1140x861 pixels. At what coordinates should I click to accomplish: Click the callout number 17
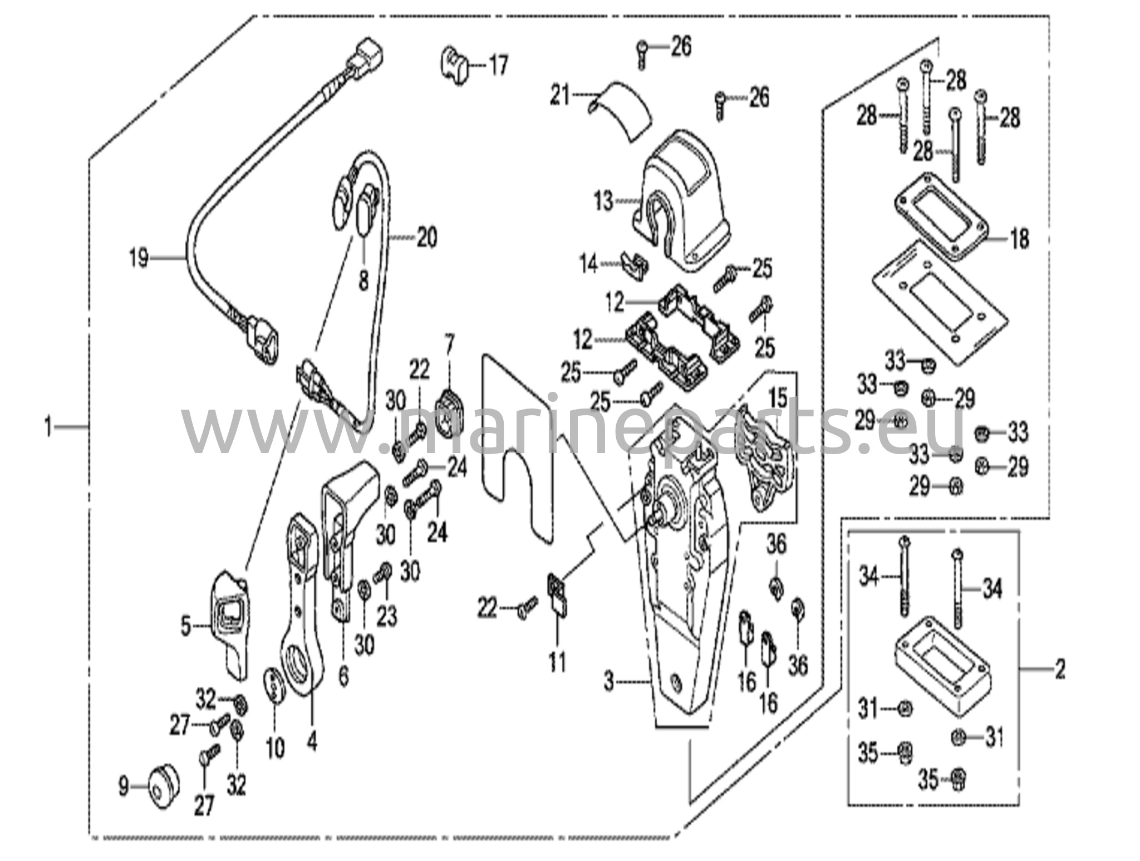coord(498,65)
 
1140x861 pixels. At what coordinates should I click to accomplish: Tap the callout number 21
coord(560,96)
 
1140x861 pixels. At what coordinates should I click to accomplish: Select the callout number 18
coord(1020,239)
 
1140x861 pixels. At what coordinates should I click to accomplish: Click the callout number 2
coord(1060,669)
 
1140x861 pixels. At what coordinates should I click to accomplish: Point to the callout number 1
coord(48,427)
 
